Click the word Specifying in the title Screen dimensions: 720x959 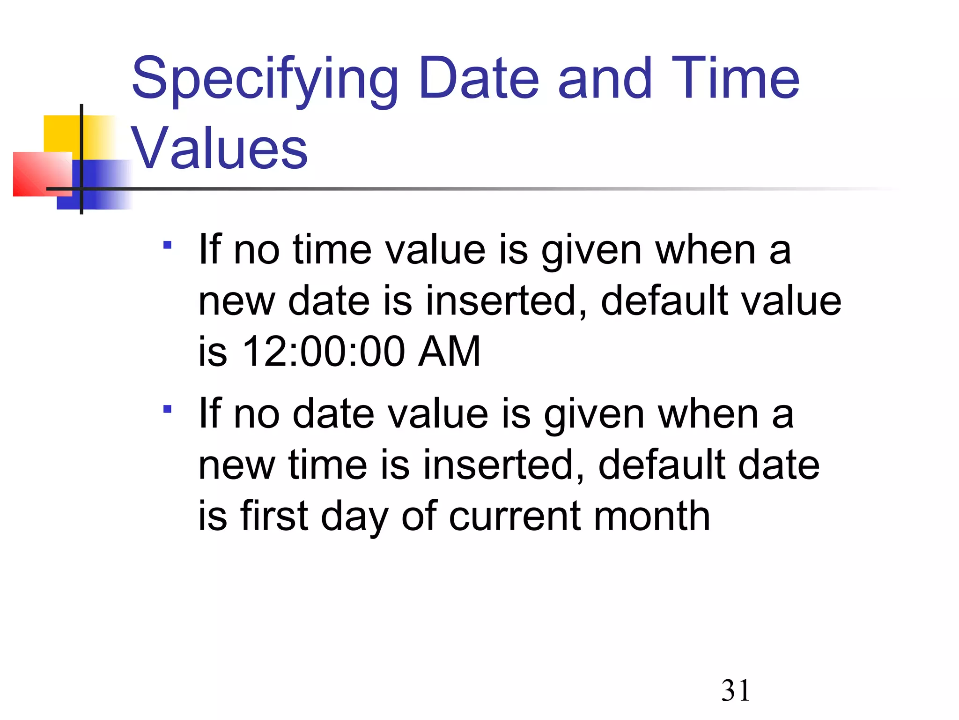coord(265,80)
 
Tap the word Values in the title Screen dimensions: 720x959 coord(219,149)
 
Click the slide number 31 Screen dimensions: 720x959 coord(735,690)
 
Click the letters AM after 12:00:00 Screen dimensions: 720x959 coord(449,352)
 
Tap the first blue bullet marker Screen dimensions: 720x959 coord(168,245)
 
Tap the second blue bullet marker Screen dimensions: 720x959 coord(168,409)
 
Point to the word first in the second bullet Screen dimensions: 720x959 coord(274,516)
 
